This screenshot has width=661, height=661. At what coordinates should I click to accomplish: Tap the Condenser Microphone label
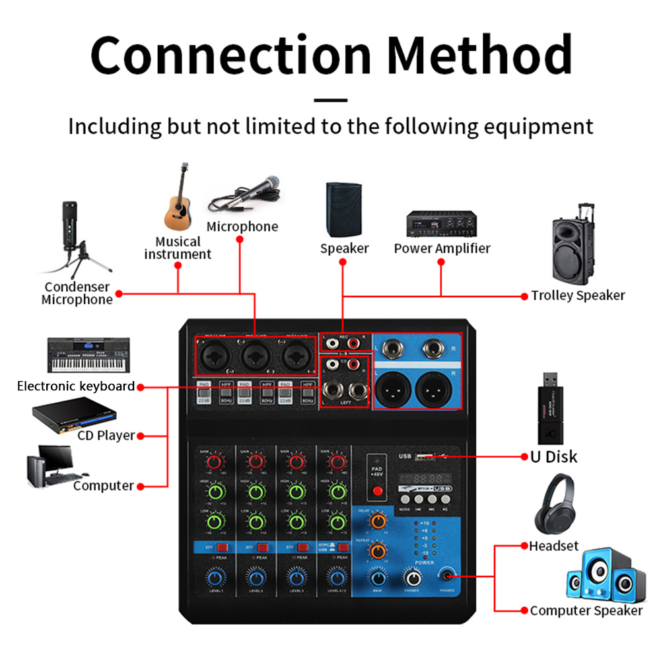(x=77, y=293)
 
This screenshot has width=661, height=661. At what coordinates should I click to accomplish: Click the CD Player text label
(x=106, y=435)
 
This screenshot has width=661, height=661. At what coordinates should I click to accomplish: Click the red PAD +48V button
(x=378, y=491)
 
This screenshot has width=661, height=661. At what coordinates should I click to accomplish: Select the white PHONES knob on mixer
(x=411, y=576)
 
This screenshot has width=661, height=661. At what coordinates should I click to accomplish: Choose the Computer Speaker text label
(x=586, y=611)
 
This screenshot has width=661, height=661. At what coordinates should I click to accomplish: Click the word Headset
(x=553, y=546)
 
